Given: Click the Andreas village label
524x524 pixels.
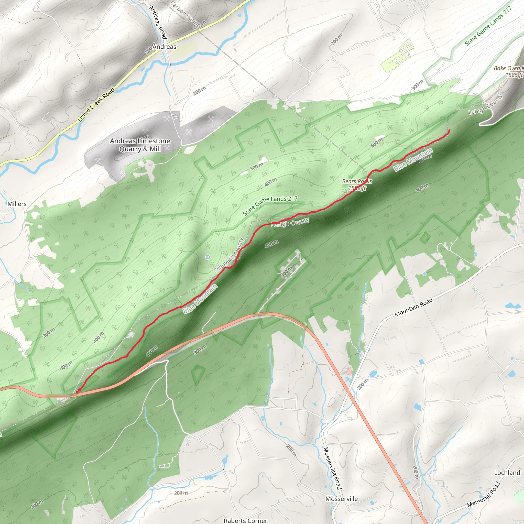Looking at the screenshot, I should tap(164, 47).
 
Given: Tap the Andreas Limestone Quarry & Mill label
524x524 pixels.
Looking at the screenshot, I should tap(140, 145).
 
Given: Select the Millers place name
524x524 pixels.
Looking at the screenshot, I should tap(17, 204).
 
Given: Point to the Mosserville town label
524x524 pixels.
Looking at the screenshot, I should tap(342, 499).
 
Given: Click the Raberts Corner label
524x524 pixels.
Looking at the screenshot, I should tap(245, 520).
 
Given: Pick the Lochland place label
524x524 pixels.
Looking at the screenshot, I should tap(507, 473).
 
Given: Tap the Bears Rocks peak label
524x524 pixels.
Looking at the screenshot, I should tap(357, 184).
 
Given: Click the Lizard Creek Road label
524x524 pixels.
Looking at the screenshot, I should tap(96, 105).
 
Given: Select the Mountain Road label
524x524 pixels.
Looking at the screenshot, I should tap(413, 307).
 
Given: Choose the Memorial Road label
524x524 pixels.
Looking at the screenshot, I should tap(484, 495).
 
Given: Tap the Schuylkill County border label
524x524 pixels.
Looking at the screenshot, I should tap(229, 255).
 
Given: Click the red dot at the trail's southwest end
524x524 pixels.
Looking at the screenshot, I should tap(77, 392).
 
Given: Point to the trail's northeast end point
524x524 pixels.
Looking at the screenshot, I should tap(449, 130).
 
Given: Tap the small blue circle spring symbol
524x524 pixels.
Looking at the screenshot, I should tap(208, 257).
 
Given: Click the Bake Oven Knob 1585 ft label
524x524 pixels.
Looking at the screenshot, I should tap(509, 72).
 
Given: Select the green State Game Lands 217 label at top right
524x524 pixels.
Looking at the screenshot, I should tap(488, 26).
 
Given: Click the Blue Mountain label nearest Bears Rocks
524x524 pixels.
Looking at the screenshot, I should tap(413, 160).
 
